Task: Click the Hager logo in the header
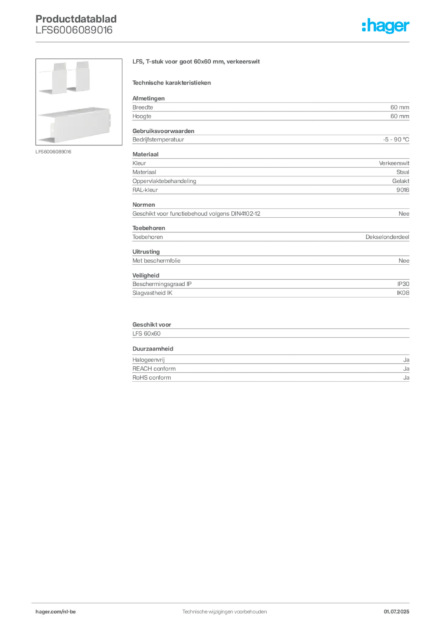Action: (x=385, y=26)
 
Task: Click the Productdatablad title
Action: (x=76, y=19)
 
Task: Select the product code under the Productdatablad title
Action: (x=74, y=30)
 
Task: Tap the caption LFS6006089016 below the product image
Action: (x=53, y=152)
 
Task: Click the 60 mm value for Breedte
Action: (x=400, y=107)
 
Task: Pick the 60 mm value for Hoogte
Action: (x=400, y=116)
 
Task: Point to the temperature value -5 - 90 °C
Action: (x=396, y=140)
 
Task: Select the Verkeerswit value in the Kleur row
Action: (x=394, y=163)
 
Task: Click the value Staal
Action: (x=403, y=172)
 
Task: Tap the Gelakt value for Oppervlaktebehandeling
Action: (x=400, y=181)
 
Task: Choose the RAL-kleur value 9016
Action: (x=403, y=190)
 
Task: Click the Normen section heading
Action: (x=144, y=205)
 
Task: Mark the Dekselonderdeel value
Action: (x=387, y=237)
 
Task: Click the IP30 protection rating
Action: (x=403, y=284)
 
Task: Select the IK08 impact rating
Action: (x=403, y=293)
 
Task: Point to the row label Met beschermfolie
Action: (x=157, y=261)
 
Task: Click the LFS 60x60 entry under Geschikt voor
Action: (x=146, y=333)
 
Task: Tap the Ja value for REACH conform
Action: (x=406, y=369)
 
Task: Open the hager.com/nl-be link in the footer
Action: (x=55, y=612)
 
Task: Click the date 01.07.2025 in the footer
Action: (x=397, y=612)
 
